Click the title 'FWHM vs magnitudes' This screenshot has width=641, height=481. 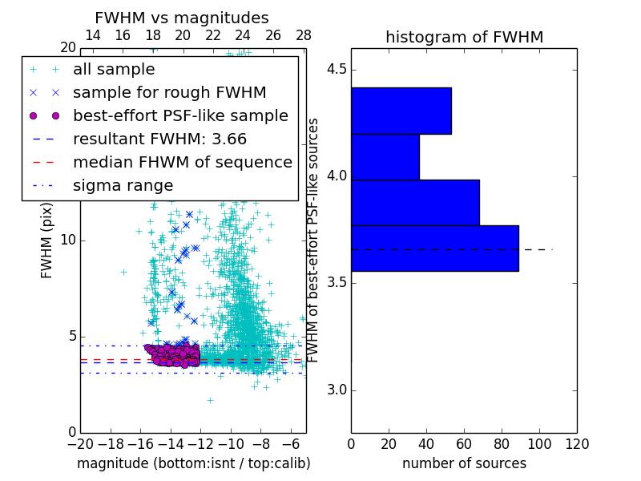point(181,18)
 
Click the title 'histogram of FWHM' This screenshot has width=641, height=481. point(464,37)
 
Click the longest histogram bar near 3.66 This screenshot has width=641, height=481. point(434,249)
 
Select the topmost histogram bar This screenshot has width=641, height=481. point(401,111)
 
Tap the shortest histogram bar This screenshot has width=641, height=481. point(385,157)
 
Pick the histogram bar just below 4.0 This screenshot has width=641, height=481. point(415,203)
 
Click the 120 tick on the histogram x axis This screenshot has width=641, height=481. point(576,443)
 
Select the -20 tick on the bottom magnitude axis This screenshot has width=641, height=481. point(80,443)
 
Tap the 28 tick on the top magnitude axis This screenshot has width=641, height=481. point(304,35)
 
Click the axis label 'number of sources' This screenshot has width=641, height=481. point(464,463)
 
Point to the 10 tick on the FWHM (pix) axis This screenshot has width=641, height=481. point(68,240)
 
